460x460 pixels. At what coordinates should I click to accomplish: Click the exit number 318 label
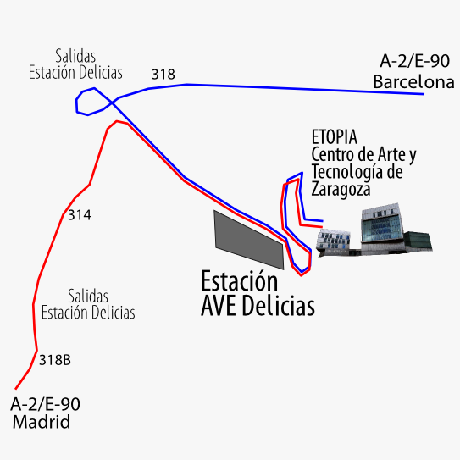point(163,75)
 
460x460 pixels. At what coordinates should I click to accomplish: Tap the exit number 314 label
point(80,215)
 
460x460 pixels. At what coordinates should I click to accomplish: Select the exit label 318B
point(55,360)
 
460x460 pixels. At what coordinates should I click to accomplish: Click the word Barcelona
point(413,82)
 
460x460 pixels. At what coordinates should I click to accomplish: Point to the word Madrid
point(42,422)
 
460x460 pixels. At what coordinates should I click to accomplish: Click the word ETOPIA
point(334,137)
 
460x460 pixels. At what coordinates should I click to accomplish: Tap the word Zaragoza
point(341,190)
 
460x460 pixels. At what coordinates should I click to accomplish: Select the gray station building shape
point(249,240)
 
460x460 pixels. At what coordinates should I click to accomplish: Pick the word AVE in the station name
point(219,306)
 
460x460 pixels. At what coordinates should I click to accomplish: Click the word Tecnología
point(347,172)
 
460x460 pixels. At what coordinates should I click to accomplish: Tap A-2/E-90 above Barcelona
point(414,61)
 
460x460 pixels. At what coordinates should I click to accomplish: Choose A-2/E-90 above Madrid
point(45,404)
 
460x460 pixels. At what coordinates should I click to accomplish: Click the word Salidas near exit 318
point(75,56)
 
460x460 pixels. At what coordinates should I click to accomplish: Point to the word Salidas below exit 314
point(88,296)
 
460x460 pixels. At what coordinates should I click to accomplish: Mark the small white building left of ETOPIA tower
point(333,241)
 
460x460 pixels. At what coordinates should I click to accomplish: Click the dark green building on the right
point(418,241)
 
